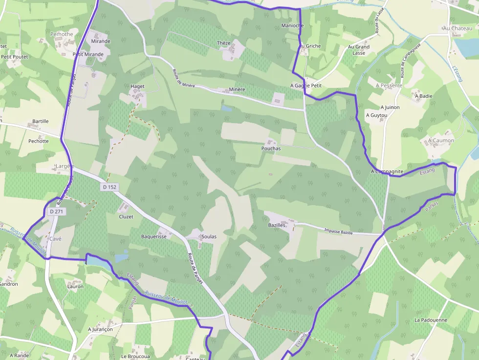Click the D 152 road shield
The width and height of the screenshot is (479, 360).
pos(110,187)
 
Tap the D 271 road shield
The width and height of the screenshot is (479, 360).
pos(56,212)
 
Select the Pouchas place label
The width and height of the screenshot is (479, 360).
pos(271,148)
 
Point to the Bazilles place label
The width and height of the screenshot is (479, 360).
pos(277,225)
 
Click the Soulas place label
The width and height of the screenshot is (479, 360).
pos(209,236)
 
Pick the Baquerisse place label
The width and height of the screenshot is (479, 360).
pos(154,236)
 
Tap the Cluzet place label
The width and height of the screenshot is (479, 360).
pos(126,216)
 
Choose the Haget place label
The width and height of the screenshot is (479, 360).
pos(137,86)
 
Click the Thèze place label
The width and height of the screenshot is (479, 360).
pos(223,43)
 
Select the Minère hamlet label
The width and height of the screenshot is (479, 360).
pos(237,90)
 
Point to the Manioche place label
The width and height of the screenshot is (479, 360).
pos(293,25)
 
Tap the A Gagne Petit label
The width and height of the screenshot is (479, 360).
pos(306,85)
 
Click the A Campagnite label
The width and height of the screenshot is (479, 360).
pos(387,171)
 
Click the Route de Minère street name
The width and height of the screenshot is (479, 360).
pos(183,78)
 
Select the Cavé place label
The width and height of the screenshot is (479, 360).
pos(55,238)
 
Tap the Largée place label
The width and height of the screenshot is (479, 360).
pos(65,166)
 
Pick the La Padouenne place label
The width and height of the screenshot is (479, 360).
pos(431,320)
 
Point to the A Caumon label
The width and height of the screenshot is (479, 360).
pos(441,140)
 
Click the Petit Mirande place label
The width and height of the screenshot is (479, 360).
pos(88,54)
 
